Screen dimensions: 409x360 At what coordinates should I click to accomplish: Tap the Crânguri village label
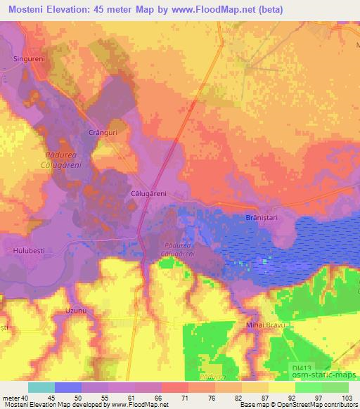101,132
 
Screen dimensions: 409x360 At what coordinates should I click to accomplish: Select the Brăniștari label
260,219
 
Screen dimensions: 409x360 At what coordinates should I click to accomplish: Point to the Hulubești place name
28,249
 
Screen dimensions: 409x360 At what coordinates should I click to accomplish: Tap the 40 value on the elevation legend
26,397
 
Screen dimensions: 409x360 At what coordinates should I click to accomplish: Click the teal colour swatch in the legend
41,387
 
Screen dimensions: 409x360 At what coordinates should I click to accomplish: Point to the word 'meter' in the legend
11,397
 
